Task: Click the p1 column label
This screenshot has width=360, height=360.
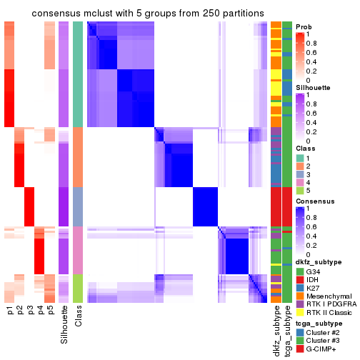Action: [10, 311]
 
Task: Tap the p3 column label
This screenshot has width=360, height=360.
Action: [30, 311]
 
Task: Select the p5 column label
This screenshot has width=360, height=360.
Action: [50, 311]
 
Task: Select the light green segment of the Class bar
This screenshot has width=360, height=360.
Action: [78, 289]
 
